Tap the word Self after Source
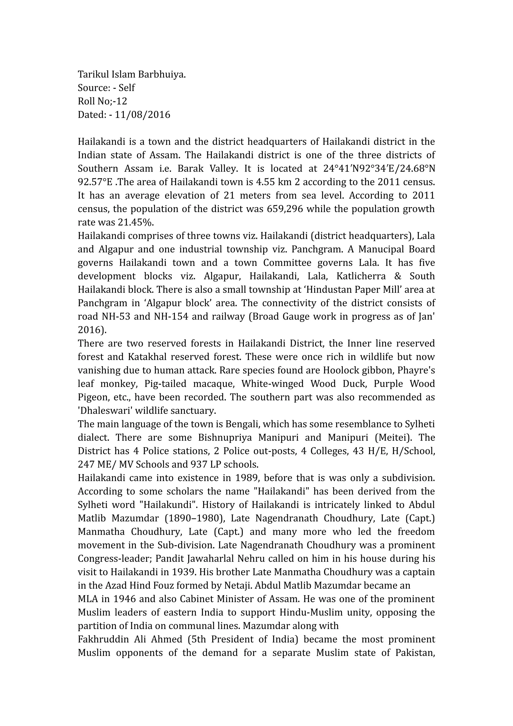tap(127, 88)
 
